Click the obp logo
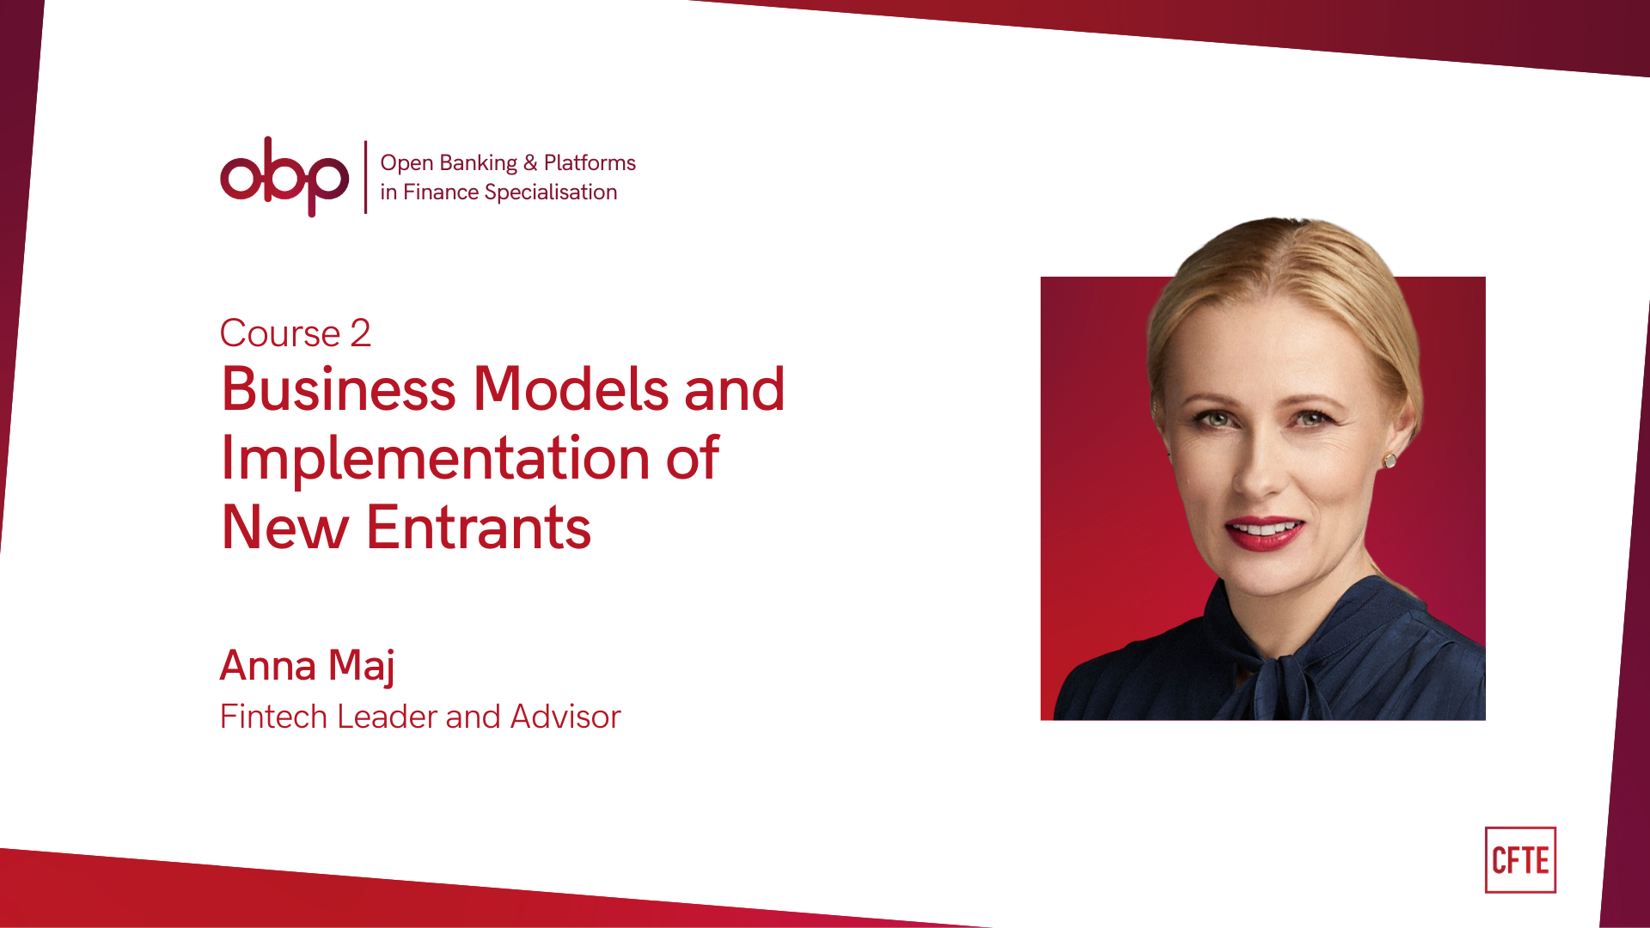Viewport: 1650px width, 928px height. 284,176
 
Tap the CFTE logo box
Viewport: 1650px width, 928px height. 1520,860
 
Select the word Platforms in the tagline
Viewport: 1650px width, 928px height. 590,163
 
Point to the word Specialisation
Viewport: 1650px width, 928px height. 550,192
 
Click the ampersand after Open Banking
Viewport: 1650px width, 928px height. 530,163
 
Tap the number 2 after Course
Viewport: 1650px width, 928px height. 360,333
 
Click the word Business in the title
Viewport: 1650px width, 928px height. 338,389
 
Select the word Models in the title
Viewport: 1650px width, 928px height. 571,389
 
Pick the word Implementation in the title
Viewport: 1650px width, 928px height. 436,458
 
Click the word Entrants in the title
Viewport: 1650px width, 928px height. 479,528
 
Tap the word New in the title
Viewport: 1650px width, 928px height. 284,528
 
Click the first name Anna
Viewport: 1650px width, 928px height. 267,665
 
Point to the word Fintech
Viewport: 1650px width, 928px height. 273,717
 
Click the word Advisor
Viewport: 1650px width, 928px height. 565,717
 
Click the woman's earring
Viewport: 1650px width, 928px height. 1390,461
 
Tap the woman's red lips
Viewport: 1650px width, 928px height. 1264,533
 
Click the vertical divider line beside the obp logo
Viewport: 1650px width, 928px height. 366,177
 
